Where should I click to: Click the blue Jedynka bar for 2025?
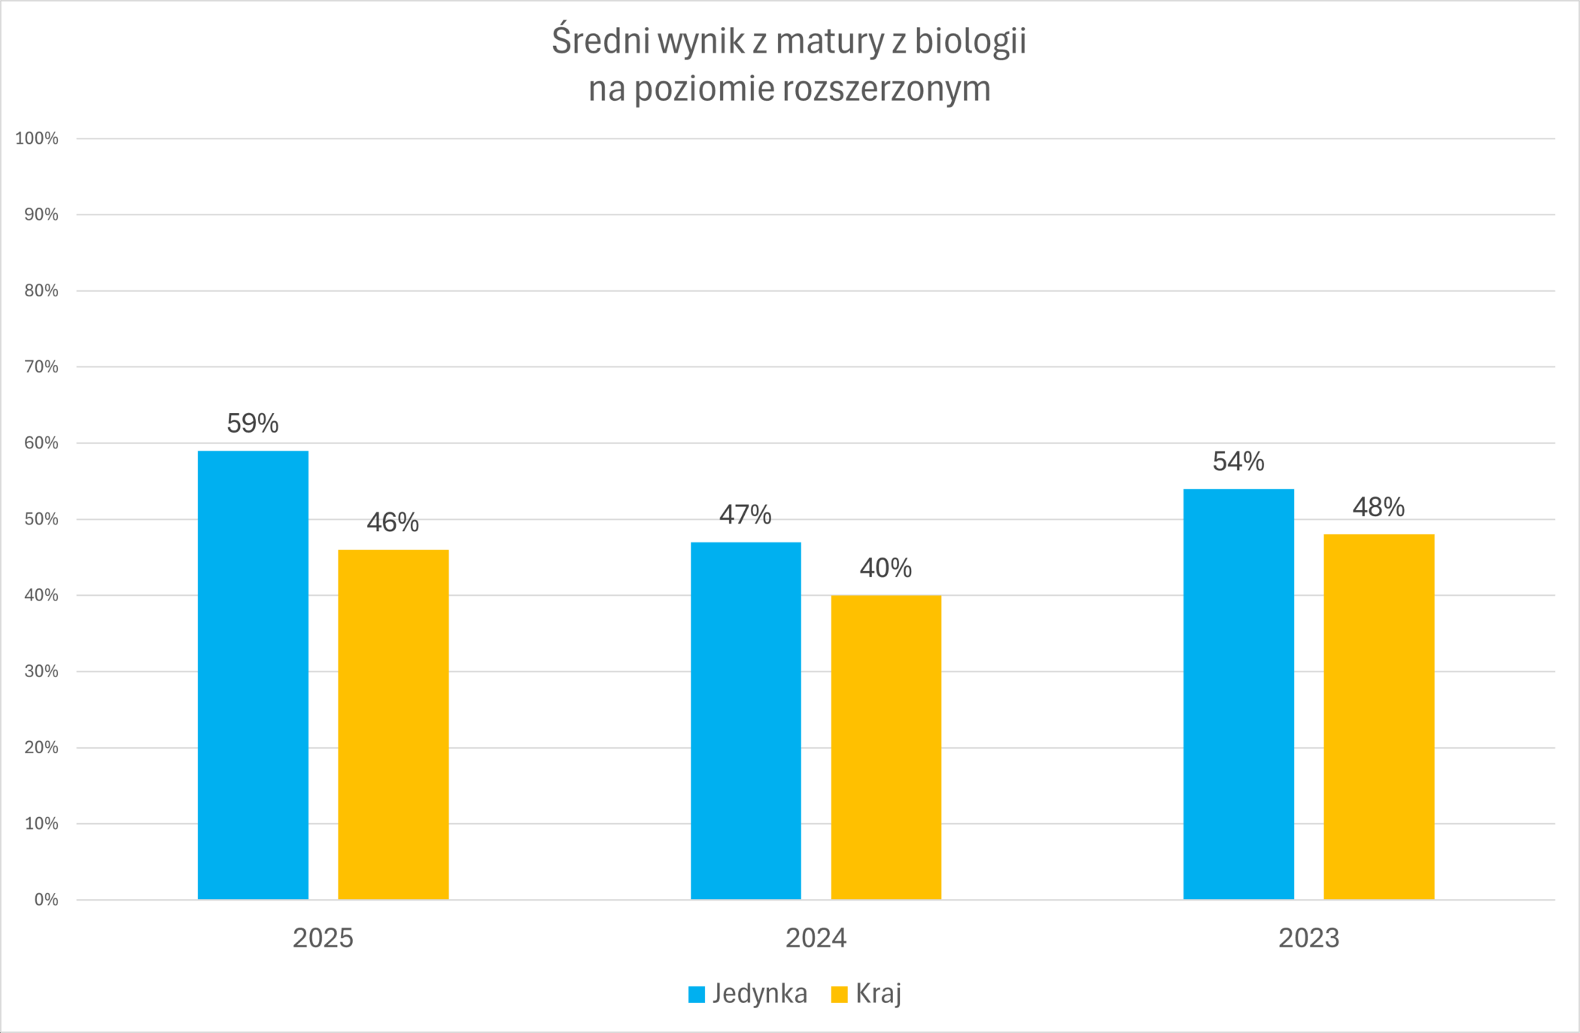pos(253,675)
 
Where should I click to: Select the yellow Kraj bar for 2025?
pos(393,725)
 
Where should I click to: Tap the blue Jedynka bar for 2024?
pos(746,721)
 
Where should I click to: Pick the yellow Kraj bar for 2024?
pos(886,747)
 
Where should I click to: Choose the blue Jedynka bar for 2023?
pos(1238,694)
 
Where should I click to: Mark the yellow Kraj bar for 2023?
pos(1378,716)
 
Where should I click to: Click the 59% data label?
pos(253,424)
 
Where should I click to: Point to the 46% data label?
pos(393,522)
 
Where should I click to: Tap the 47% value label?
pos(746,515)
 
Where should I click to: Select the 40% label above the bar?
pos(886,568)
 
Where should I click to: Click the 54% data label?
pos(1238,461)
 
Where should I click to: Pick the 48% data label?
pos(1378,507)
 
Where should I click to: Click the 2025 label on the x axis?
pos(323,938)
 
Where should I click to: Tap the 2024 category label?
pos(816,938)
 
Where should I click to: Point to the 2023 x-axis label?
pos(1309,938)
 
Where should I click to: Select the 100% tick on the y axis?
pos(37,138)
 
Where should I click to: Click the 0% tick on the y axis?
pos(46,900)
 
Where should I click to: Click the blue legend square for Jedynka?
pos(697,995)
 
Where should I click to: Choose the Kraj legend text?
pos(878,994)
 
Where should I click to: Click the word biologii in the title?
pos(970,41)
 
